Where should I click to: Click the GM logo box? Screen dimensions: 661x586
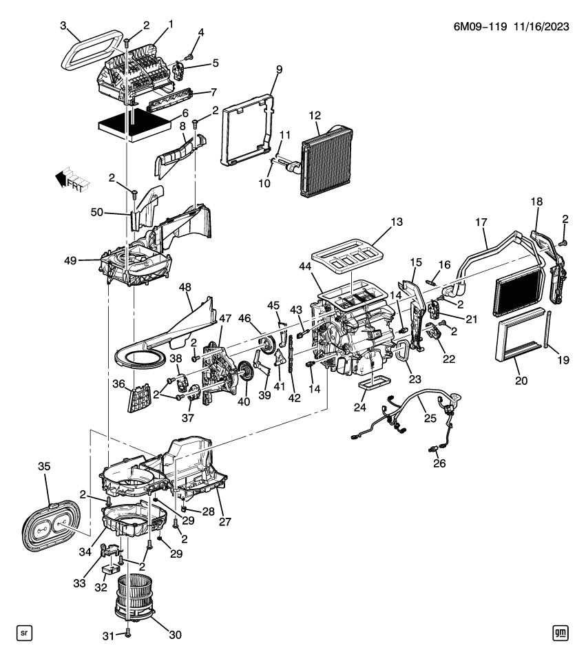(563, 632)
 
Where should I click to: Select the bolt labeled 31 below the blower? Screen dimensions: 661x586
(128, 633)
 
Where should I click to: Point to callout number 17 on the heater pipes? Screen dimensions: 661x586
(481, 223)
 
